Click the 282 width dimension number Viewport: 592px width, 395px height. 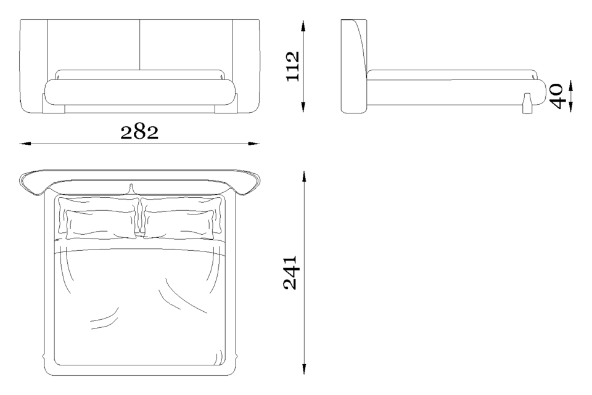point(139,132)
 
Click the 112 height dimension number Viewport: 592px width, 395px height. point(292,67)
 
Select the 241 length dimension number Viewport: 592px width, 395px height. point(290,273)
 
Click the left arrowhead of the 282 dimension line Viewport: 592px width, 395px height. point(25,144)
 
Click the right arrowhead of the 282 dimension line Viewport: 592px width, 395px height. point(254,144)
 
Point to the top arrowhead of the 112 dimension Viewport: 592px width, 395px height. point(303,26)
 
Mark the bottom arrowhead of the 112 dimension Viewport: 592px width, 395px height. point(303,107)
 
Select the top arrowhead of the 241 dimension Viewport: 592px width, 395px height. point(304,177)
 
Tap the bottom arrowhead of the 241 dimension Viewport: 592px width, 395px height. point(304,369)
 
